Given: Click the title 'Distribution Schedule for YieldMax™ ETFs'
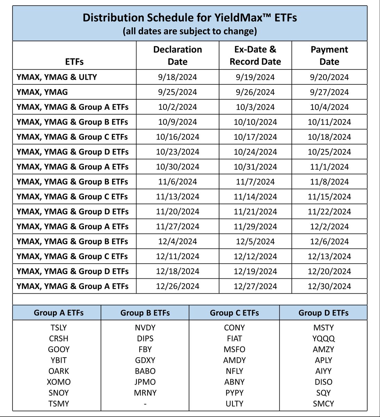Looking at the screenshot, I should click(x=190, y=18).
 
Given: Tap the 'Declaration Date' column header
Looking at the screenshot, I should click(x=177, y=55).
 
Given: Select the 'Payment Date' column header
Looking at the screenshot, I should click(x=329, y=55).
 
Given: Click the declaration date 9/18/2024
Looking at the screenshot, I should click(x=177, y=77).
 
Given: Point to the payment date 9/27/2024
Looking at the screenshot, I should click(x=329, y=92).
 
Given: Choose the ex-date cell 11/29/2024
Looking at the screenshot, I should click(x=255, y=227).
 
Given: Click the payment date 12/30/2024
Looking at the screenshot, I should click(x=329, y=286).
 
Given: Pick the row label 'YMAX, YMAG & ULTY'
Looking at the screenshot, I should click(x=57, y=77).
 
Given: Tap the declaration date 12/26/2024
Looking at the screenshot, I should click(x=177, y=286).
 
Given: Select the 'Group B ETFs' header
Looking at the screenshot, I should click(x=145, y=313).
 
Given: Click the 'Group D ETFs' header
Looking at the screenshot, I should click(x=323, y=313).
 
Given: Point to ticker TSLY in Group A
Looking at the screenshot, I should click(x=58, y=328).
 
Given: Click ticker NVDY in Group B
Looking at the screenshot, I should click(x=145, y=328).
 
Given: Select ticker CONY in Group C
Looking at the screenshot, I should click(x=234, y=328).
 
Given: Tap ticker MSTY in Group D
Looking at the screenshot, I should click(x=323, y=328).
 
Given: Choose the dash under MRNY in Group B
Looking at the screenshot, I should click(x=145, y=404).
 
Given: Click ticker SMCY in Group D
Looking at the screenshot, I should click(x=323, y=404).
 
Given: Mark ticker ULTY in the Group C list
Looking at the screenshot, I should click(x=234, y=404).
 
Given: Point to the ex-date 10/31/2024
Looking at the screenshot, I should click(x=255, y=167).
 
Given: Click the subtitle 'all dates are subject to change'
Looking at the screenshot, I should click(x=190, y=31).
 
